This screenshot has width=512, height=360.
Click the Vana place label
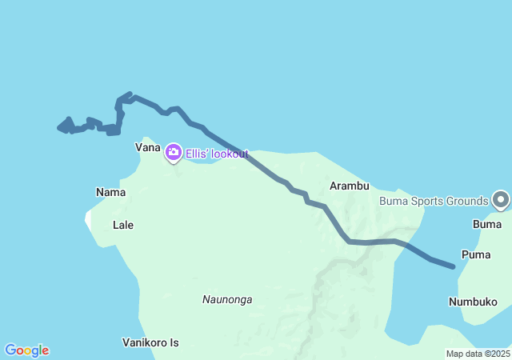[x=148, y=148]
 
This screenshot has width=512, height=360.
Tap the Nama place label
[x=110, y=192]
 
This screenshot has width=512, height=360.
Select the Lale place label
[x=123, y=225]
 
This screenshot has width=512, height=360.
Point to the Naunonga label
[x=227, y=300]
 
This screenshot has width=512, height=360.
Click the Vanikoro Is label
[x=150, y=342]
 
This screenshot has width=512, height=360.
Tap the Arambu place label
[x=350, y=186]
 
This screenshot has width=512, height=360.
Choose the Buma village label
[x=487, y=225]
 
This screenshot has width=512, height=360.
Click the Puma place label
[x=477, y=254]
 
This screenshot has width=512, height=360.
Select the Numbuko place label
[x=473, y=302]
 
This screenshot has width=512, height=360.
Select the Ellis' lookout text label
[x=217, y=154]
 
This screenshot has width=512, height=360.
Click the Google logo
[x=26, y=350]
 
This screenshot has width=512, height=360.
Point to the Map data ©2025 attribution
[x=478, y=354]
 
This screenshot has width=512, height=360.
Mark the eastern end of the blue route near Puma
[x=454, y=266]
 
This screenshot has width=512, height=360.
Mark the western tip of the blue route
[x=59, y=126]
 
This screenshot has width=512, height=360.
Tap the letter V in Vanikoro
[x=126, y=342]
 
